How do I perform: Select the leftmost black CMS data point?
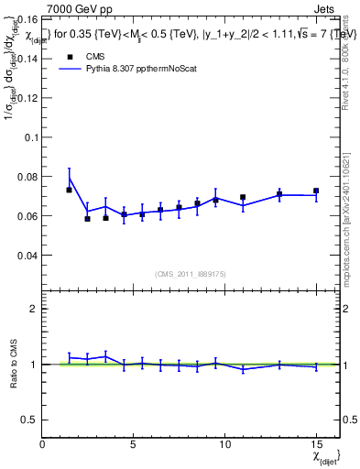click(x=70, y=190)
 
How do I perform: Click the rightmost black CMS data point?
click(x=316, y=191)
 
